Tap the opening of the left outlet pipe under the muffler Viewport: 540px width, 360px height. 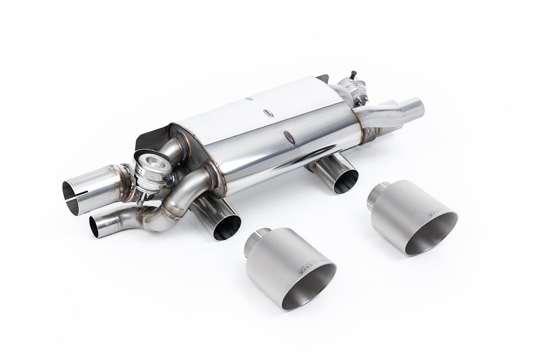click(x=227, y=226)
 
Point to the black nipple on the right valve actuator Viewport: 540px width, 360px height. click(x=353, y=74)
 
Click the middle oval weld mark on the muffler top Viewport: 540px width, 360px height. click(x=268, y=113)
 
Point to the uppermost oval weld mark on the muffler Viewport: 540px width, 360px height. click(x=249, y=98)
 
